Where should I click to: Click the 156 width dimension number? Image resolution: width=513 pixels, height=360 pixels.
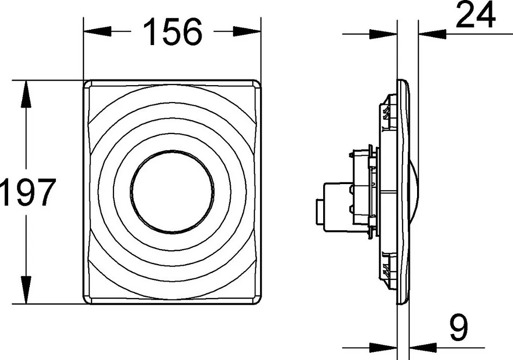[173, 31]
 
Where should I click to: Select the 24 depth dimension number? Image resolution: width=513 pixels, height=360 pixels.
[475, 14]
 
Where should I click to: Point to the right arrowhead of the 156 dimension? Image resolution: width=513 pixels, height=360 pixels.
[247, 31]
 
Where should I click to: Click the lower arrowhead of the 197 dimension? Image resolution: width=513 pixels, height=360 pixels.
[26, 290]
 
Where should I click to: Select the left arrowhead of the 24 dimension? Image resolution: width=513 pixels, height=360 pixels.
[383, 33]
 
